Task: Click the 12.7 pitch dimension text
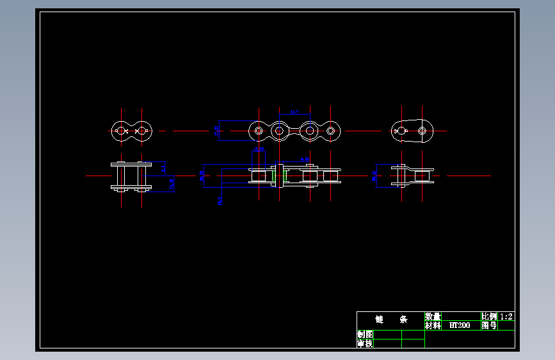point(294,112)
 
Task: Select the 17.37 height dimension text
point(217,131)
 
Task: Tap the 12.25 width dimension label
point(259,150)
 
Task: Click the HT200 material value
point(459,325)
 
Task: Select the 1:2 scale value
point(506,316)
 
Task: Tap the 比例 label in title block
point(488,316)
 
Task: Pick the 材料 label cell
point(433,325)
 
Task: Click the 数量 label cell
point(433,316)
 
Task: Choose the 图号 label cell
point(488,325)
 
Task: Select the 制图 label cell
point(365,334)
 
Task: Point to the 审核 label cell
point(365,343)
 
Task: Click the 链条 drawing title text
point(390,319)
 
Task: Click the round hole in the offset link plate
point(422,131)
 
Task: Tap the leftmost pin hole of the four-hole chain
point(258,131)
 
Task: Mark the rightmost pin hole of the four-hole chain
point(331,131)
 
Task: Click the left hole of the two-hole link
point(120,131)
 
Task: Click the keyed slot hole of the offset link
point(401,131)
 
